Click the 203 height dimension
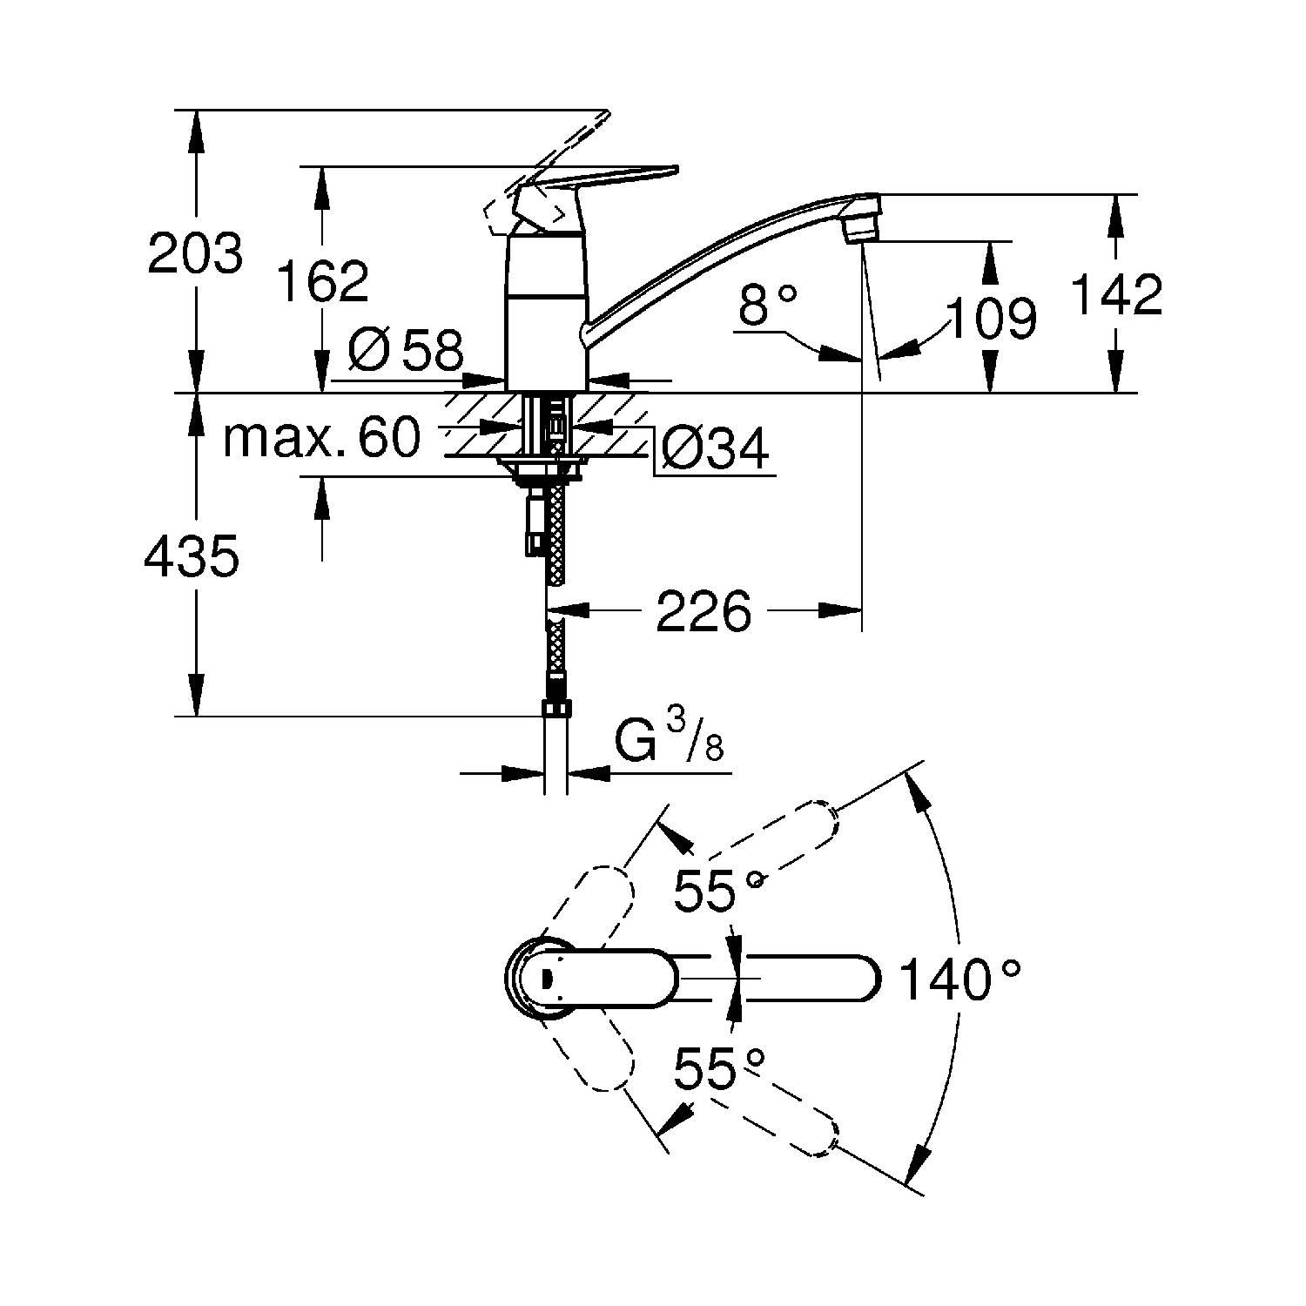click(x=194, y=254)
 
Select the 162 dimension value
click(x=322, y=280)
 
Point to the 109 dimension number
click(x=991, y=318)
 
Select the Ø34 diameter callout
click(x=715, y=450)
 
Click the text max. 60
click(x=321, y=438)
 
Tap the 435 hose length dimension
click(x=191, y=556)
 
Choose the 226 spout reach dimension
click(x=703, y=611)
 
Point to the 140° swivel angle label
click(x=959, y=979)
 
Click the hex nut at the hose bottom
click(x=555, y=707)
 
